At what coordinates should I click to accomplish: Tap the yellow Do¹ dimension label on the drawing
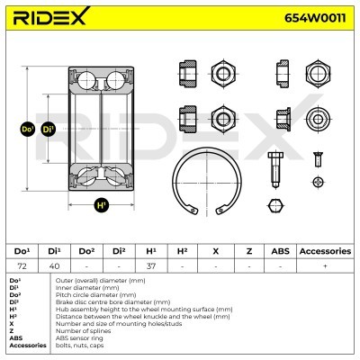26,130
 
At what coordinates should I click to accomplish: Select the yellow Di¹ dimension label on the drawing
48,130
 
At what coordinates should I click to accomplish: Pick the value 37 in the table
150,265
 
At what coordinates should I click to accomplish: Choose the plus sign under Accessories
324,265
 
